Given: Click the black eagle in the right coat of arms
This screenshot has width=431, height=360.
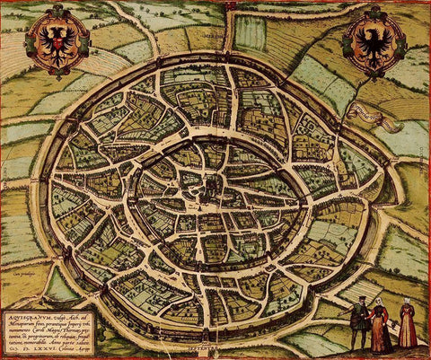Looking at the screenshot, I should pyautogui.click(x=373, y=41).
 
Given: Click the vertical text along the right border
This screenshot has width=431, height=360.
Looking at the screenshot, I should pyautogui.click(x=426, y=180).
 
